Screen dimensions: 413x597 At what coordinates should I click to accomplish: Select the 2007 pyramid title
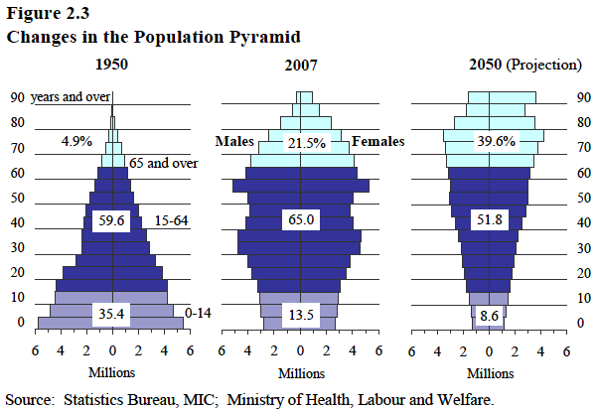tap(300, 66)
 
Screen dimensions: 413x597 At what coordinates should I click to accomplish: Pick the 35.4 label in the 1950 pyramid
tap(111, 316)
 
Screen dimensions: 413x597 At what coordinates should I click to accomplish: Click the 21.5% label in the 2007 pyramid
tap(306, 143)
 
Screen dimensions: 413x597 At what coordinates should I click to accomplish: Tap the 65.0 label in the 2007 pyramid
tap(301, 219)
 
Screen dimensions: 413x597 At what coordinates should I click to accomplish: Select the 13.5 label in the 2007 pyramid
tap(301, 316)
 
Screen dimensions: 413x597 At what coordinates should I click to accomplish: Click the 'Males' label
tap(235, 142)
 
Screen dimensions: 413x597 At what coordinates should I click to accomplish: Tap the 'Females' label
tap(378, 142)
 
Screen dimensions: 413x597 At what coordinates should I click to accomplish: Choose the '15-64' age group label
tap(171, 219)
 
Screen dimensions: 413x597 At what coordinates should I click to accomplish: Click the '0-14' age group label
tap(200, 314)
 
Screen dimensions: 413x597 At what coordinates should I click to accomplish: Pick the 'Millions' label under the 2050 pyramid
tap(490, 373)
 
